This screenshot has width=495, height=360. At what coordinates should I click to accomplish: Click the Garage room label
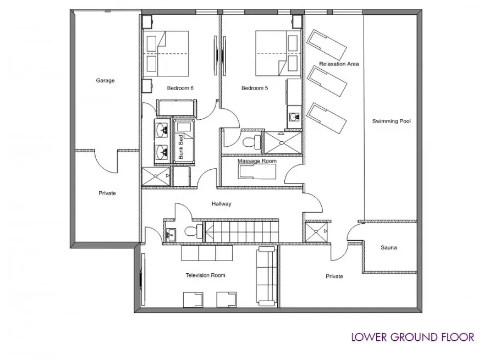pyautogui.click(x=105, y=80)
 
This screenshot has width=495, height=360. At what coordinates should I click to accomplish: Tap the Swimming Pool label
pyautogui.click(x=391, y=121)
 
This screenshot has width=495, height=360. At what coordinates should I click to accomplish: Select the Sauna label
pyautogui.click(x=389, y=248)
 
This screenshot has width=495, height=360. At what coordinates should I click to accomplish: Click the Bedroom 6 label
pyautogui.click(x=180, y=88)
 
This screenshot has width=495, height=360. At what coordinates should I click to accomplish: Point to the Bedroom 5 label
pyautogui.click(x=255, y=88)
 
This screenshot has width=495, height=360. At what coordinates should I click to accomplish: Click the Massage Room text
pyautogui.click(x=257, y=161)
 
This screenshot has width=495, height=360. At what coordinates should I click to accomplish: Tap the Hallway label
pyautogui.click(x=221, y=204)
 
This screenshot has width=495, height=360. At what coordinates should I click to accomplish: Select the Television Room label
pyautogui.click(x=205, y=275)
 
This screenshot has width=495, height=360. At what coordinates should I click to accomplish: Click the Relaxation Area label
pyautogui.click(x=339, y=64)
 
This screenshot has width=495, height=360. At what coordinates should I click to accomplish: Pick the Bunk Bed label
pyautogui.click(x=181, y=147)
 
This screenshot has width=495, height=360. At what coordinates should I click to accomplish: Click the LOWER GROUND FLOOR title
pyautogui.click(x=413, y=337)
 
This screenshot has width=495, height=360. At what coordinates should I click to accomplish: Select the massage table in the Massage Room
pyautogui.click(x=257, y=171)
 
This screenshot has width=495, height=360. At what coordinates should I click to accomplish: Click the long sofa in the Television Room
pyautogui.click(x=266, y=276)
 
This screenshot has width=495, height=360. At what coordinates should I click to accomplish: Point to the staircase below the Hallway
pyautogui.click(x=241, y=231)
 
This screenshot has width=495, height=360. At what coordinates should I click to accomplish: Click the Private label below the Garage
pyautogui.click(x=107, y=193)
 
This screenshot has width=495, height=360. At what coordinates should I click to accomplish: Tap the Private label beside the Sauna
pyautogui.click(x=334, y=276)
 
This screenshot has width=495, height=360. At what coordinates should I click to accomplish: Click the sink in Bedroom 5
pyautogui.click(x=295, y=117)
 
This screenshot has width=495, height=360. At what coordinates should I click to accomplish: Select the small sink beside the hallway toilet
pyautogui.click(x=171, y=235)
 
